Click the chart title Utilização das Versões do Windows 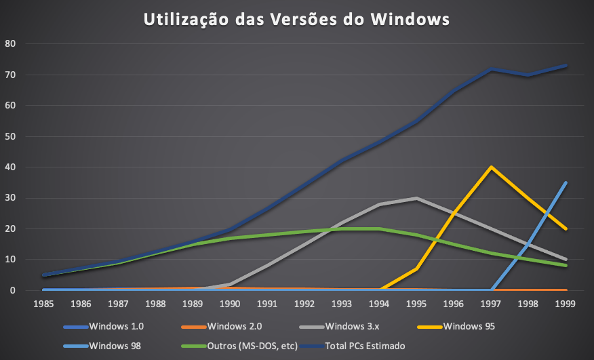(296, 20)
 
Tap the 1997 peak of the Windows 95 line (490, 167)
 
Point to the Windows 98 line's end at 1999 (566, 182)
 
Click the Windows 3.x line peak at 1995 (416, 198)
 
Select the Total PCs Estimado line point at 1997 (490, 70)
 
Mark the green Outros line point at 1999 (566, 266)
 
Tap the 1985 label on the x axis (43, 304)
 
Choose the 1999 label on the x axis (566, 304)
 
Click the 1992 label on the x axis (304, 304)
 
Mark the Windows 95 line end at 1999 (566, 229)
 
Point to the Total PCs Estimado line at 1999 (566, 66)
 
